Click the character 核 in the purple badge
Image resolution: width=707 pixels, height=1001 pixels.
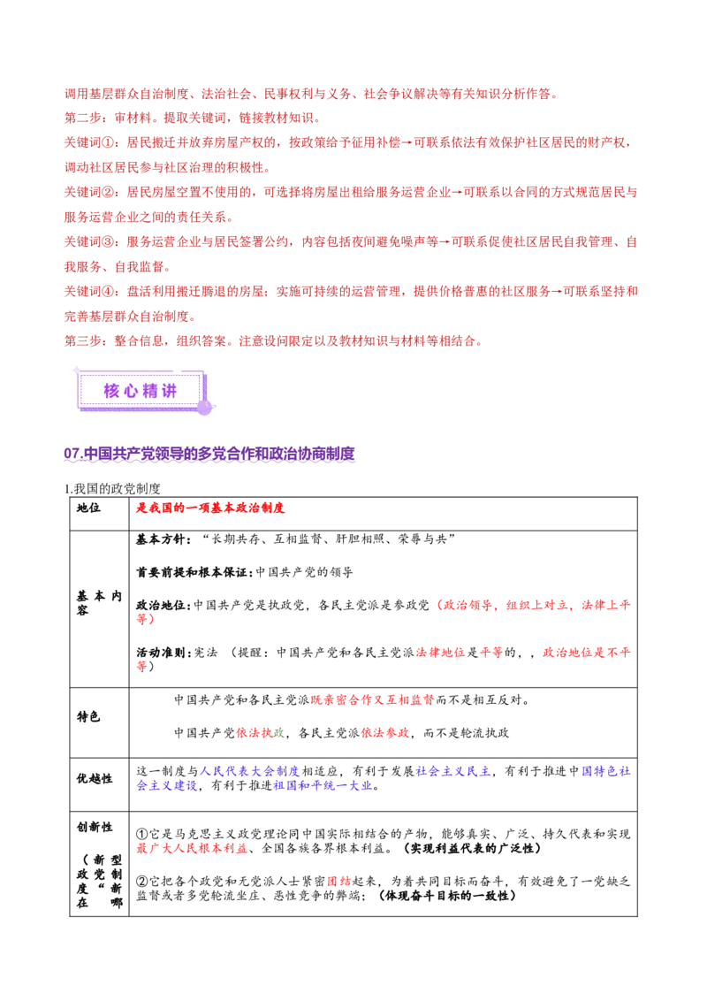tap(111, 391)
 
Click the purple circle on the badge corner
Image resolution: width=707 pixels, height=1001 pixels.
tap(204, 407)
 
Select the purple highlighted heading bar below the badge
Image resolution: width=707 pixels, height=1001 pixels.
tap(211, 455)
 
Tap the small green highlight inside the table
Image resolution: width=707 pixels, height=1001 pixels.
tap(279, 734)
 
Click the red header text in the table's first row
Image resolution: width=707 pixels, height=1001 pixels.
tap(210, 508)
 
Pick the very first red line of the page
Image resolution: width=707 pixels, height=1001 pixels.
tap(309, 93)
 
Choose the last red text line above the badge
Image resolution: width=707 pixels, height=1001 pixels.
tap(272, 340)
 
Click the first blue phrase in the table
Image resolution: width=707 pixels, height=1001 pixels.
tap(249, 771)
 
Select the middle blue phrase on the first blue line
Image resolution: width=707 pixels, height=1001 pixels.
tap(453, 771)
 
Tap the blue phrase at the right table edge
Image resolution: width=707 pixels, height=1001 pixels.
tap(606, 771)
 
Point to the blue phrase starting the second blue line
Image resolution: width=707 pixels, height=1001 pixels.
tap(166, 785)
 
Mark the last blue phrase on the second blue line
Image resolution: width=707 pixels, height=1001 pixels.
tap(323, 785)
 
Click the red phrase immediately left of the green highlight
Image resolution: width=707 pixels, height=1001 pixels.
tap(253, 734)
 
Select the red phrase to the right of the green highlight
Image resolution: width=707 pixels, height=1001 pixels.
tap(384, 734)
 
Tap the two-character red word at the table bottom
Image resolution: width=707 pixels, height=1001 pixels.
tap(338, 882)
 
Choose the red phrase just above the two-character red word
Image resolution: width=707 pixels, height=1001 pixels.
tap(191, 849)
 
